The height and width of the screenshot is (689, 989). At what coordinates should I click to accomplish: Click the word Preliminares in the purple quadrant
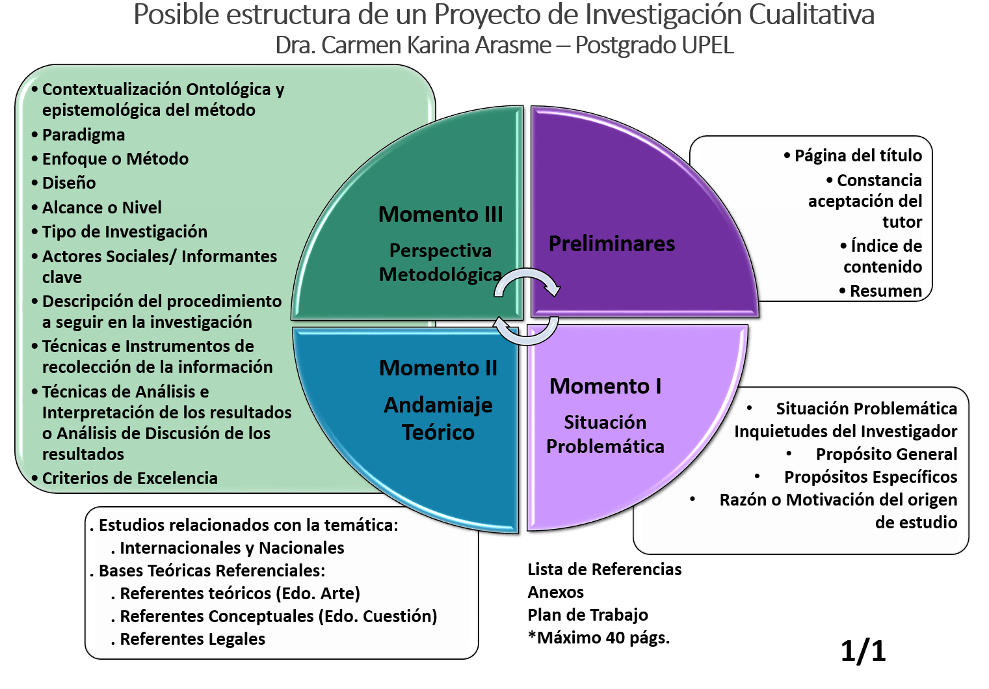coord(611,244)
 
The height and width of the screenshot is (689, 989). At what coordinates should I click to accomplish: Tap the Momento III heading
coord(440,215)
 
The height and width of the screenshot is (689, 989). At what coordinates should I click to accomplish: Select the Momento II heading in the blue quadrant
coord(438,368)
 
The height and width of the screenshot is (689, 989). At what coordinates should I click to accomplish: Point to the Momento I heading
coord(605,386)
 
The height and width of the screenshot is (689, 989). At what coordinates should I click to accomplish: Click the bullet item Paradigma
coord(83,135)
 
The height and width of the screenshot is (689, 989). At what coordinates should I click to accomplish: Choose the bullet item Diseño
coord(69,183)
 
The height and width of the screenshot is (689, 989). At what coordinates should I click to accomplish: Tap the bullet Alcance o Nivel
coord(101,208)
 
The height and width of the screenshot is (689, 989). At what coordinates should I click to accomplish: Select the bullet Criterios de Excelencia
coord(129,478)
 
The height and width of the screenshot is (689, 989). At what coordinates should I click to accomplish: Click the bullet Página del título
coord(858,155)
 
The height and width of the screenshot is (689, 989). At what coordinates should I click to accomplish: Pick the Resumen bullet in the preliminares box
coord(885,291)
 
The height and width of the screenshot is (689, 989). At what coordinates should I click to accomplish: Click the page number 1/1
coord(862,651)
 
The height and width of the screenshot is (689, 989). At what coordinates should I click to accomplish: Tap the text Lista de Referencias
coord(604,569)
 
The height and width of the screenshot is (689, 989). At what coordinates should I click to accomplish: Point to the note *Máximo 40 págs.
coord(598,638)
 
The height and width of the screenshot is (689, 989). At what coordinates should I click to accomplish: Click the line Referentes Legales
coord(192,639)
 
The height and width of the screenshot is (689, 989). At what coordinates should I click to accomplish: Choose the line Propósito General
coord(886,454)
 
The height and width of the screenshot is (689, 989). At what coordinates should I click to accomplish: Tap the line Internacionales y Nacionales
coord(231,548)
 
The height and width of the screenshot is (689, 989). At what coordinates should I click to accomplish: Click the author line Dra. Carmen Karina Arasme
coord(414,46)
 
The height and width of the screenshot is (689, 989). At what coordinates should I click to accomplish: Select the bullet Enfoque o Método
coord(115,159)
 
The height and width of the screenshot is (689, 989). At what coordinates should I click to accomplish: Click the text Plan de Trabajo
coord(587,615)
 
